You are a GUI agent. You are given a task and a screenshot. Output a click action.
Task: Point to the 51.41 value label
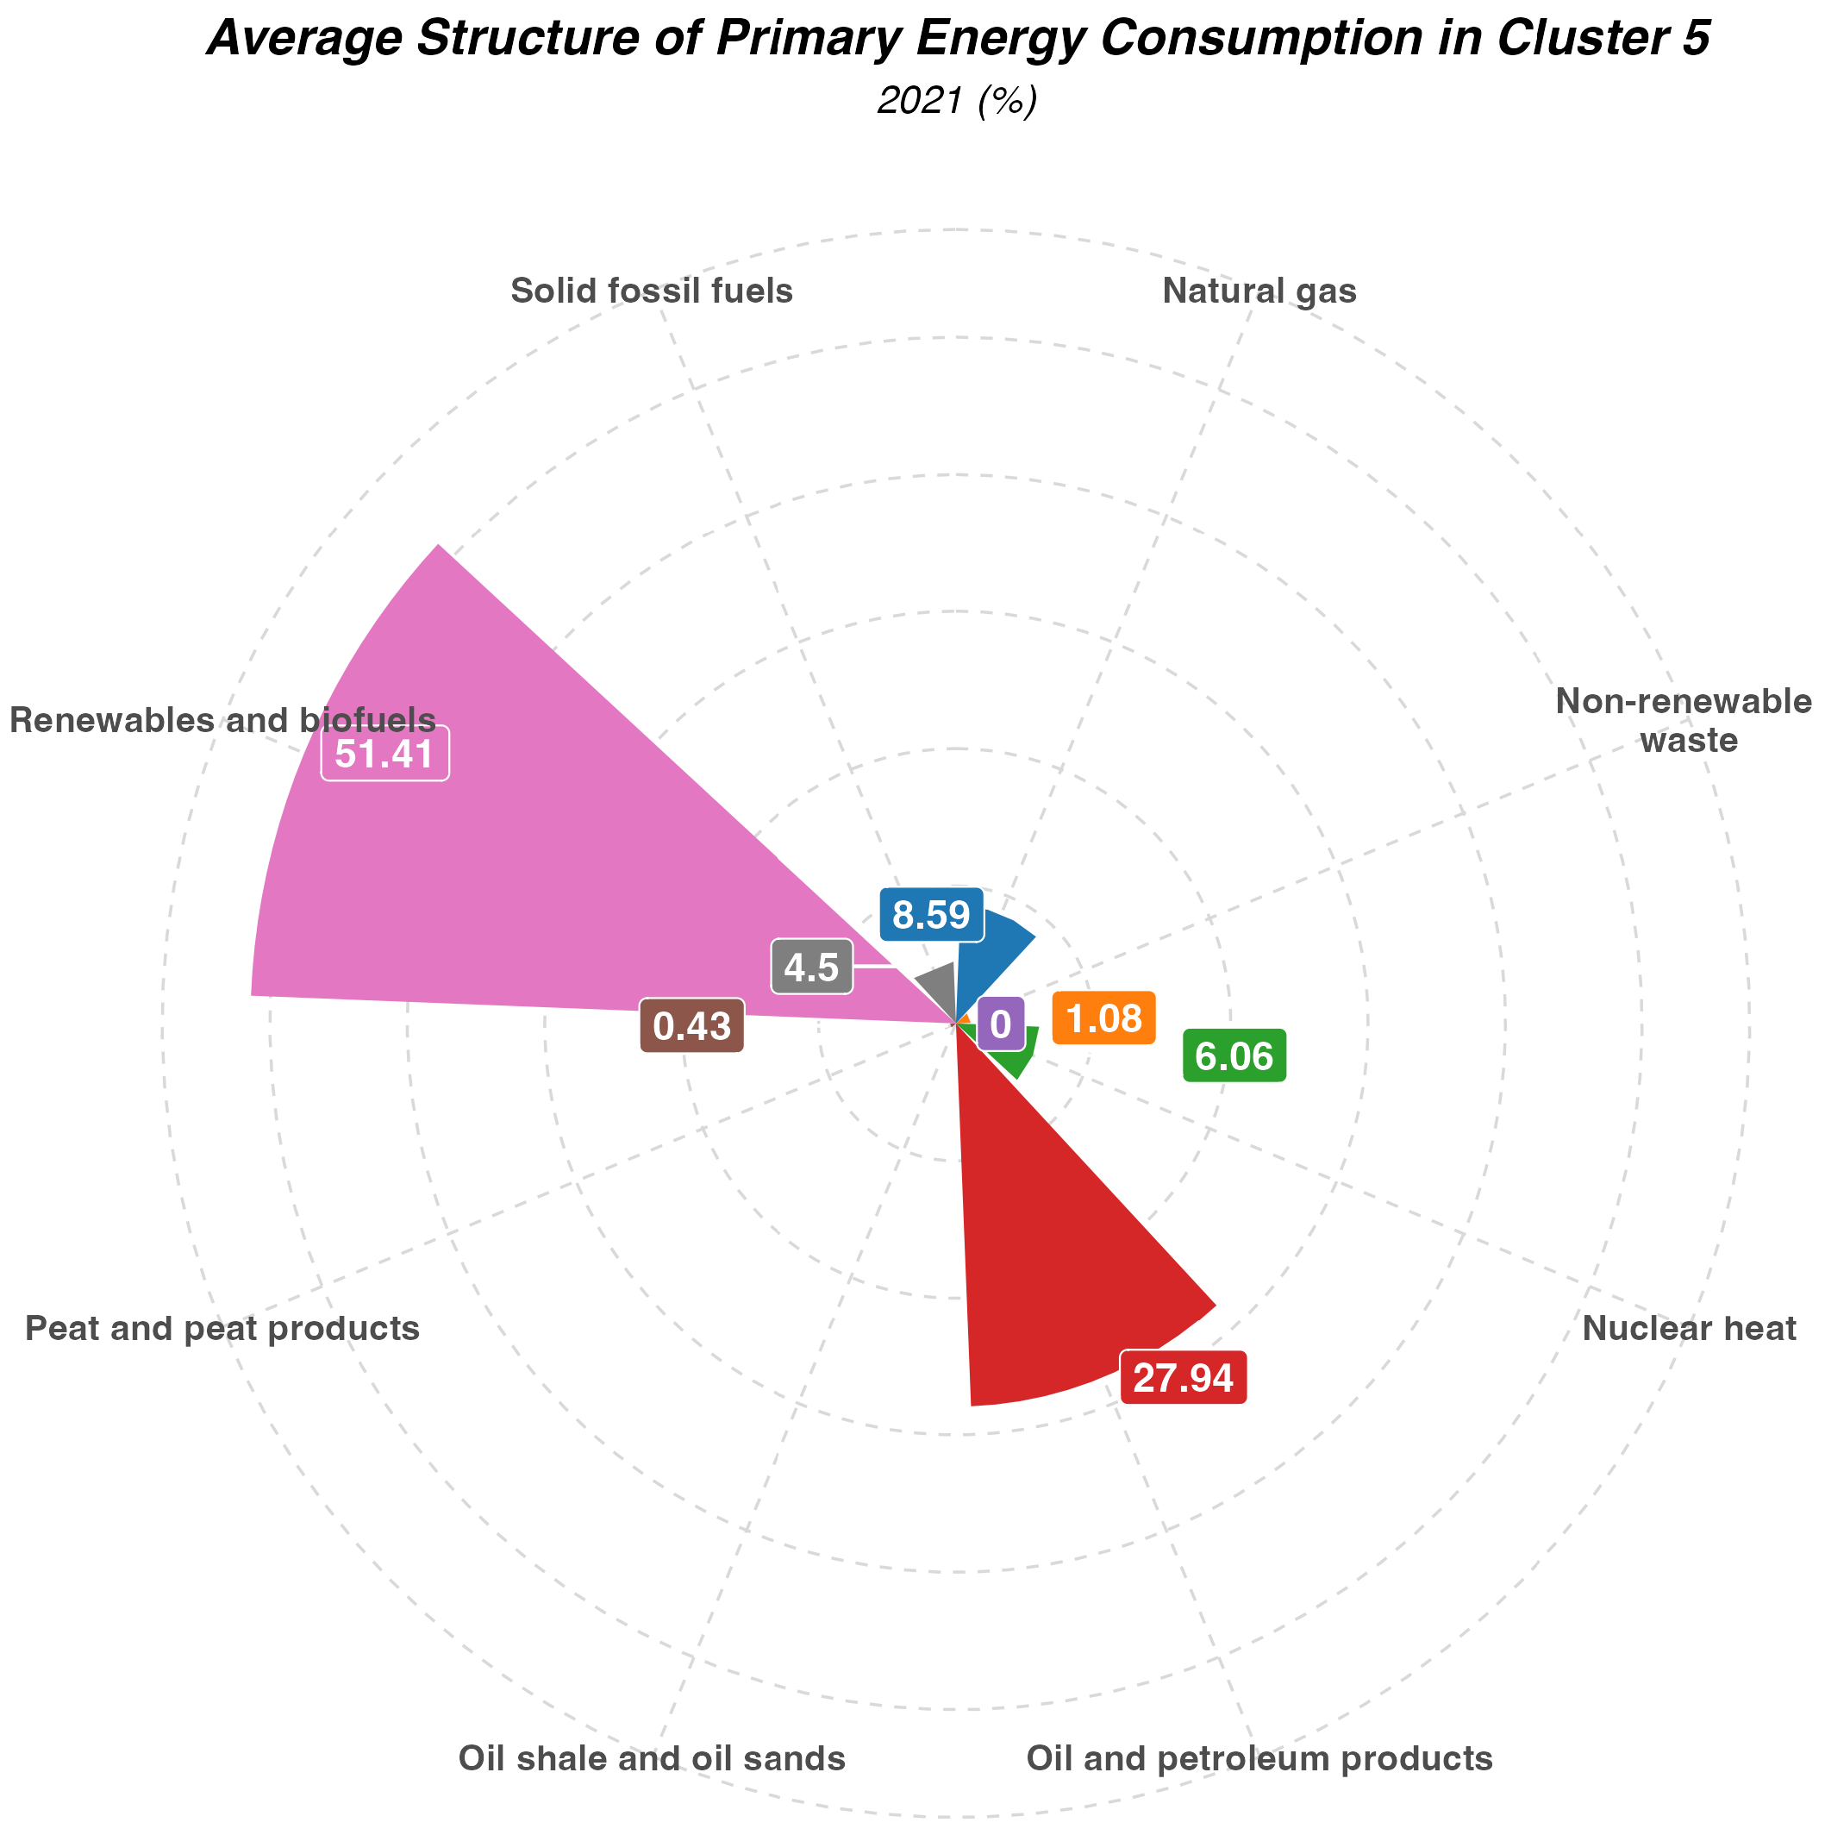[x=384, y=755]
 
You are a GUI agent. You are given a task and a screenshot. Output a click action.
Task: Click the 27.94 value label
[x=1183, y=1378]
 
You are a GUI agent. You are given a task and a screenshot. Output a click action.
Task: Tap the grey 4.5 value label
[x=811, y=968]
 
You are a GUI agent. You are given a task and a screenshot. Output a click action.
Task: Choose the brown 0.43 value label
[x=691, y=1026]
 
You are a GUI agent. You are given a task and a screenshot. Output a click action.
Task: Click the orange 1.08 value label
[x=1103, y=1018]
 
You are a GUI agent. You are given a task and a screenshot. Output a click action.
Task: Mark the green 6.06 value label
[x=1234, y=1055]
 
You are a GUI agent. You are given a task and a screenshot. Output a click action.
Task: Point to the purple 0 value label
[x=1000, y=1024]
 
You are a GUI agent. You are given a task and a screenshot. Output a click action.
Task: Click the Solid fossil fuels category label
[x=652, y=291]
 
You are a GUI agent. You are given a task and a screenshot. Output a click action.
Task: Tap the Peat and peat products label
[x=222, y=1328]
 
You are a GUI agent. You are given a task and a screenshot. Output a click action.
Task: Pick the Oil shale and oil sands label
[x=652, y=1758]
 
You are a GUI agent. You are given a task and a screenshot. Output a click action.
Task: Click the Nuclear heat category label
[x=1689, y=1328]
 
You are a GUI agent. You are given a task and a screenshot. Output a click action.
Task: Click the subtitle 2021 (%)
[x=956, y=101]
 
